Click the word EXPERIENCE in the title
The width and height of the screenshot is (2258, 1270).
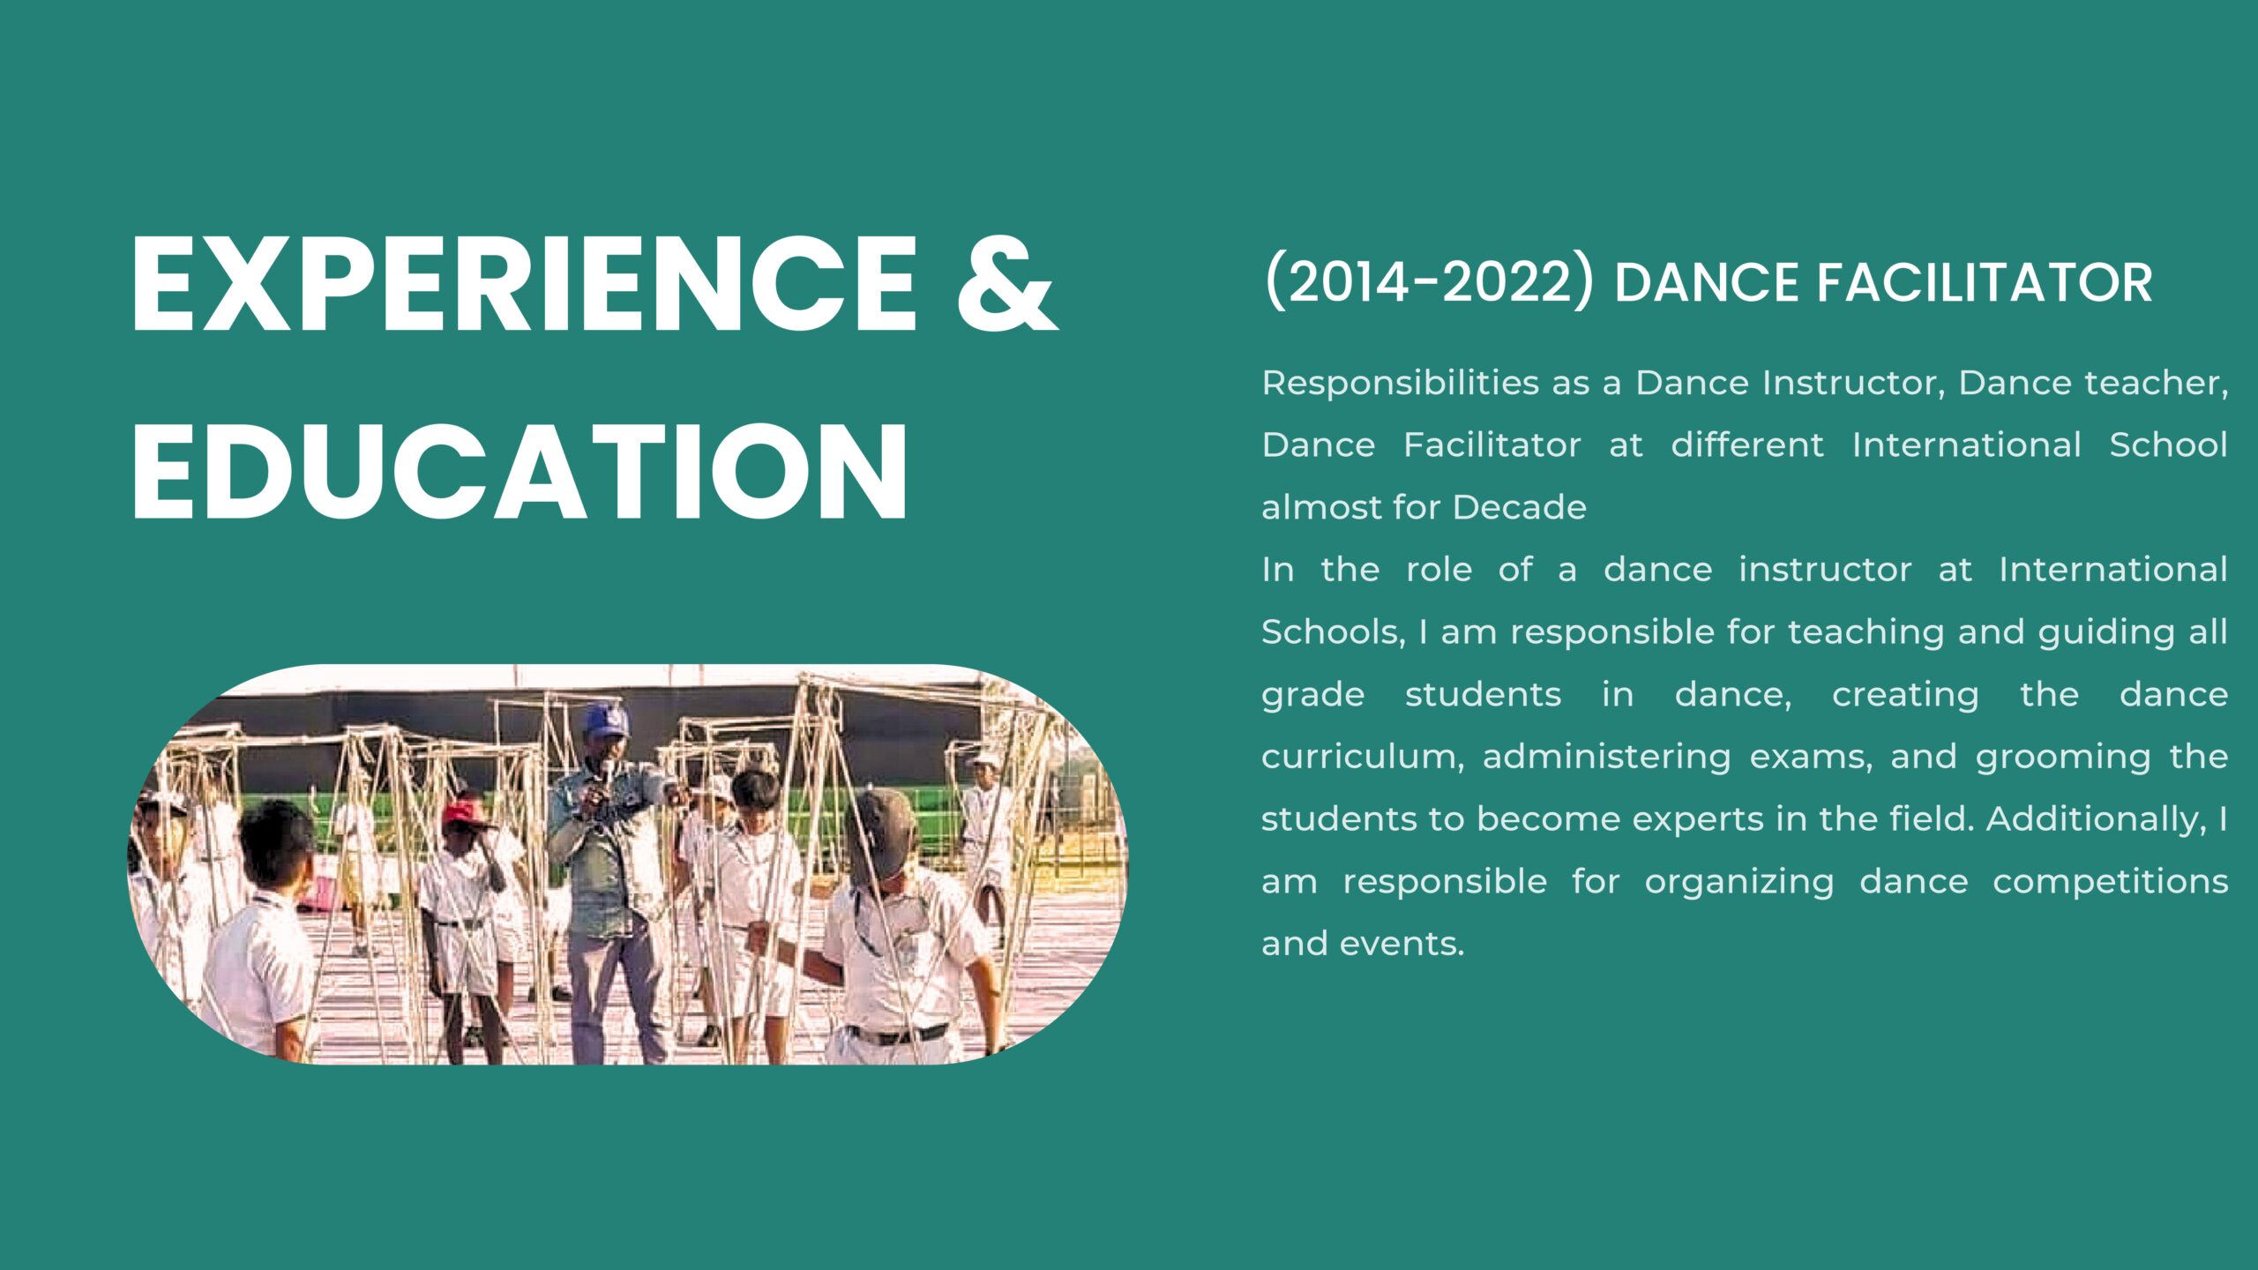[525, 284]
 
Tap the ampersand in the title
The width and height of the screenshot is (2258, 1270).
[1007, 284]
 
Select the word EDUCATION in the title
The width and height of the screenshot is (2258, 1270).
[520, 472]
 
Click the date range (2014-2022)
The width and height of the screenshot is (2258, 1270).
[1429, 282]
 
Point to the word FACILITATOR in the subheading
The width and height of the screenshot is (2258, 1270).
[1984, 283]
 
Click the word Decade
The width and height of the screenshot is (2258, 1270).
[1519, 507]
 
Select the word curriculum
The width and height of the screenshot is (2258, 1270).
[1363, 757]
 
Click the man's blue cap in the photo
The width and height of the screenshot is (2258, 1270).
[607, 720]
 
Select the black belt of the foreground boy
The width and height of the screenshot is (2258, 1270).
[897, 1034]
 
